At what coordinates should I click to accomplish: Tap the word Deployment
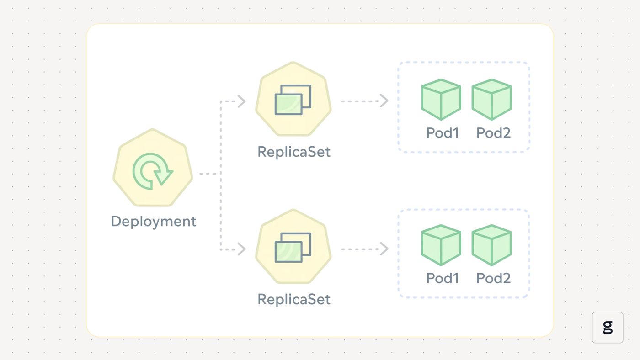pyautogui.click(x=154, y=222)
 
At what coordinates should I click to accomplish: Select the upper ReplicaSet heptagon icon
pyautogui.click(x=293, y=99)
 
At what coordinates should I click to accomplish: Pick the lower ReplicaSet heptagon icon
pyautogui.click(x=293, y=247)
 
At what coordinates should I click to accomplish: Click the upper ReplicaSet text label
pyautogui.click(x=293, y=152)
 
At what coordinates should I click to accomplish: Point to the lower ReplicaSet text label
pyautogui.click(x=293, y=299)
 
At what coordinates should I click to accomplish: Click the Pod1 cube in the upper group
pyautogui.click(x=441, y=99)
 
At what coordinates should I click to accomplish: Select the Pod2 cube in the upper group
pyautogui.click(x=491, y=99)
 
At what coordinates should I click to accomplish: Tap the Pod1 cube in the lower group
pyautogui.click(x=441, y=245)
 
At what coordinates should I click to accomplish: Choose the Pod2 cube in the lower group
pyautogui.click(x=491, y=245)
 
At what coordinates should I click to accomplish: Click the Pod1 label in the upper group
pyautogui.click(x=443, y=133)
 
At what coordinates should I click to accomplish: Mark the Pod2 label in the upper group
pyautogui.click(x=493, y=133)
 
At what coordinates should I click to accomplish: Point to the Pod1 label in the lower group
pyautogui.click(x=443, y=278)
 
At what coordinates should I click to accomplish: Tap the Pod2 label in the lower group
pyautogui.click(x=493, y=278)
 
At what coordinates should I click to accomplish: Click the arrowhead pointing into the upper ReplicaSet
pyautogui.click(x=242, y=101)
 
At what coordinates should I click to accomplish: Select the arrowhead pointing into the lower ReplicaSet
pyautogui.click(x=242, y=249)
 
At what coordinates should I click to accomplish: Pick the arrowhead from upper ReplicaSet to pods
pyautogui.click(x=384, y=101)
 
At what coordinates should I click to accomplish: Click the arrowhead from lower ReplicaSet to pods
pyautogui.click(x=384, y=249)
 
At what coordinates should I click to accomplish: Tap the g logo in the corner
pyautogui.click(x=608, y=327)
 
